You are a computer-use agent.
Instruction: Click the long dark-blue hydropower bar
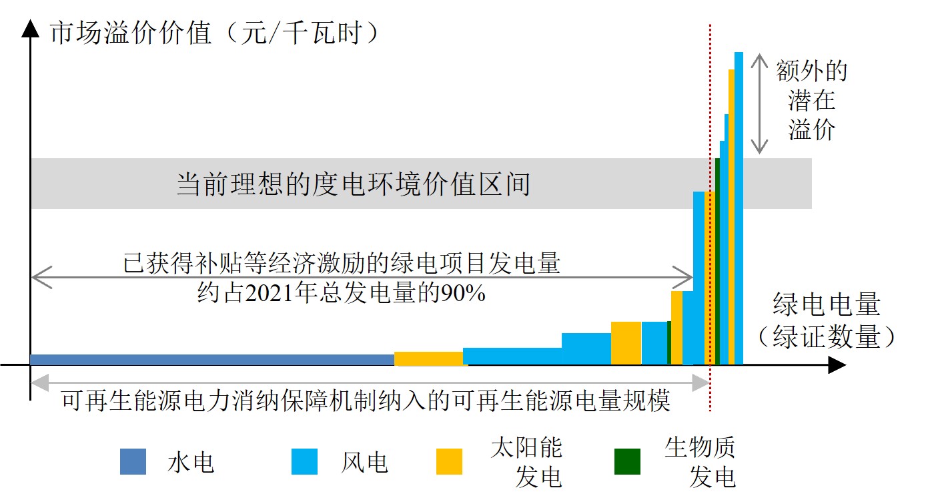pos(212,360)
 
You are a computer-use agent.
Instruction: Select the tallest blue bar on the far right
pos(739,207)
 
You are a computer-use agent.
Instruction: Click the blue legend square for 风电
pos(304,461)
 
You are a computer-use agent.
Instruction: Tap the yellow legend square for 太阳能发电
pos(449,461)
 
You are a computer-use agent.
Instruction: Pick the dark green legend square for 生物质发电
pos(627,461)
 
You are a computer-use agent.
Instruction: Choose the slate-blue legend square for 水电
pos(133,461)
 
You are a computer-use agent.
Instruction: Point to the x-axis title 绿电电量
pos(827,305)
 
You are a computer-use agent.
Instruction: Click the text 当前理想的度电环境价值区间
pos(353,184)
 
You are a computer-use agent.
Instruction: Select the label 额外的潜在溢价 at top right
pos(811,100)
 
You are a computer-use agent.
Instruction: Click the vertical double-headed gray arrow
pos(759,103)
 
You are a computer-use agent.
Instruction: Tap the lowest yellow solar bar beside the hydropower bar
pos(428,358)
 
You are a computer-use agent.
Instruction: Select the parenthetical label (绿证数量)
pos(827,337)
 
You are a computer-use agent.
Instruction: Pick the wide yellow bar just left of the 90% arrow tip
pos(626,342)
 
